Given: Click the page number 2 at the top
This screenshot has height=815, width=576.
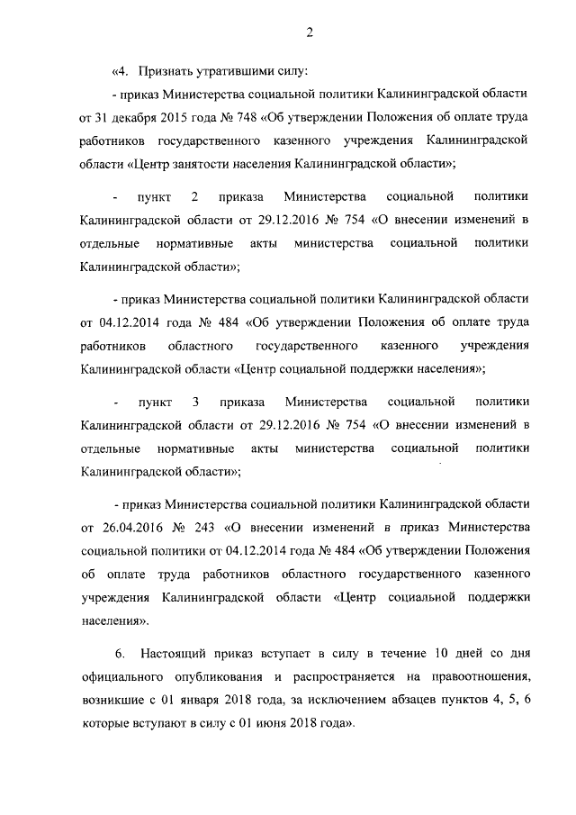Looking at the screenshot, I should pyautogui.click(x=309, y=33).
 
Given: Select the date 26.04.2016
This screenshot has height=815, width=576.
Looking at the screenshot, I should pyautogui.click(x=121, y=525).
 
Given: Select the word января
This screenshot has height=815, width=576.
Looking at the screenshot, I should pyautogui.click(x=195, y=698).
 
